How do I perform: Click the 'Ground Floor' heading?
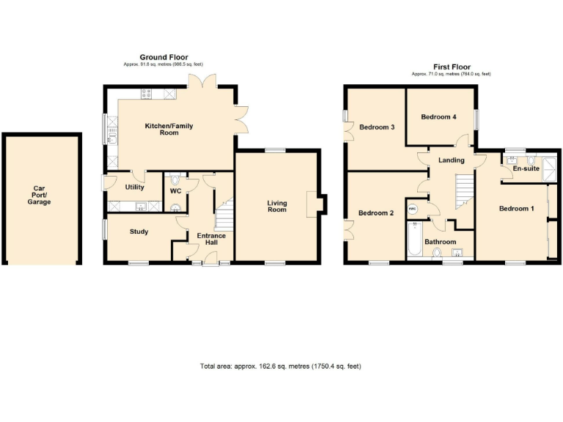click(x=164, y=57)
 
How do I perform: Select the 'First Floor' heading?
click(x=452, y=67)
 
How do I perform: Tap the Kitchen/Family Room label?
click(x=169, y=130)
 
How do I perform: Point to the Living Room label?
click(x=276, y=207)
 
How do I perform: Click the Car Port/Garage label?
click(x=40, y=195)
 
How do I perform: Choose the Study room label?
click(x=139, y=232)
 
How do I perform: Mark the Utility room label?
click(x=135, y=188)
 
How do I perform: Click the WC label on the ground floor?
click(x=175, y=191)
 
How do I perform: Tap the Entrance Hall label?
click(x=211, y=240)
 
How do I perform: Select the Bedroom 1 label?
click(x=516, y=209)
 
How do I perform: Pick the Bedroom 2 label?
click(x=377, y=214)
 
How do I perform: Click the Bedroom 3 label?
click(x=378, y=127)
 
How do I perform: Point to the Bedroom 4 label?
click(x=438, y=116)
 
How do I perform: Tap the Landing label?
click(x=451, y=160)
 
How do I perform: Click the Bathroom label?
click(x=440, y=242)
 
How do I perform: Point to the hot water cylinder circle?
click(x=413, y=209)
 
